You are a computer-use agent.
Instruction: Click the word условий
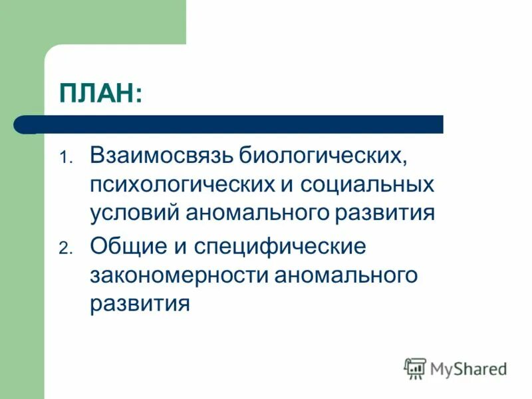134,214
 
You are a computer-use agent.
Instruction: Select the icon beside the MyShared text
415,368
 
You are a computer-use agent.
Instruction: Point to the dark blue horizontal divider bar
239,124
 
